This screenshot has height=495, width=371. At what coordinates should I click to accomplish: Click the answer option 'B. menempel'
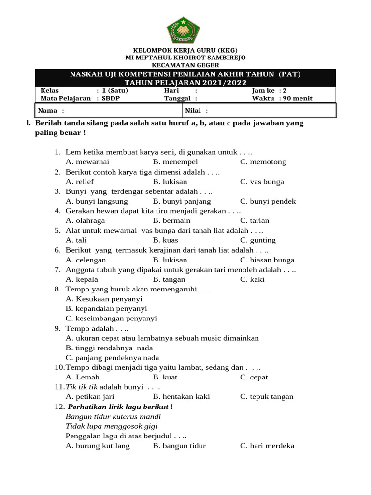coord(175,162)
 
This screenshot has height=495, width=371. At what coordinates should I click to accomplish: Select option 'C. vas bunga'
coord(262,182)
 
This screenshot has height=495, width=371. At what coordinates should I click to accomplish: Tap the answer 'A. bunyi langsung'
coord(97,201)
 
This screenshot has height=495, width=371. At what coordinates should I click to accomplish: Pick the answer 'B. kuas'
coord(165,240)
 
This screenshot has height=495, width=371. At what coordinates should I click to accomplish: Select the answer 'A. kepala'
coord(82,279)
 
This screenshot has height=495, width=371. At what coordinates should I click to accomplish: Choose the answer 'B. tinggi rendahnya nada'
coord(109,348)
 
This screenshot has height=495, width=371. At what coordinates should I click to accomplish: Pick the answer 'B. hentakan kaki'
coord(181,397)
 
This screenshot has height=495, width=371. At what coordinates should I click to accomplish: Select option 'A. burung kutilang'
coord(98,446)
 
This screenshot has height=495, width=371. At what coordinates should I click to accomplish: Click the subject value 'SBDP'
coord(112,98)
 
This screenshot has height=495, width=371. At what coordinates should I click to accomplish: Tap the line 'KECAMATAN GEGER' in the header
coord(185,65)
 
